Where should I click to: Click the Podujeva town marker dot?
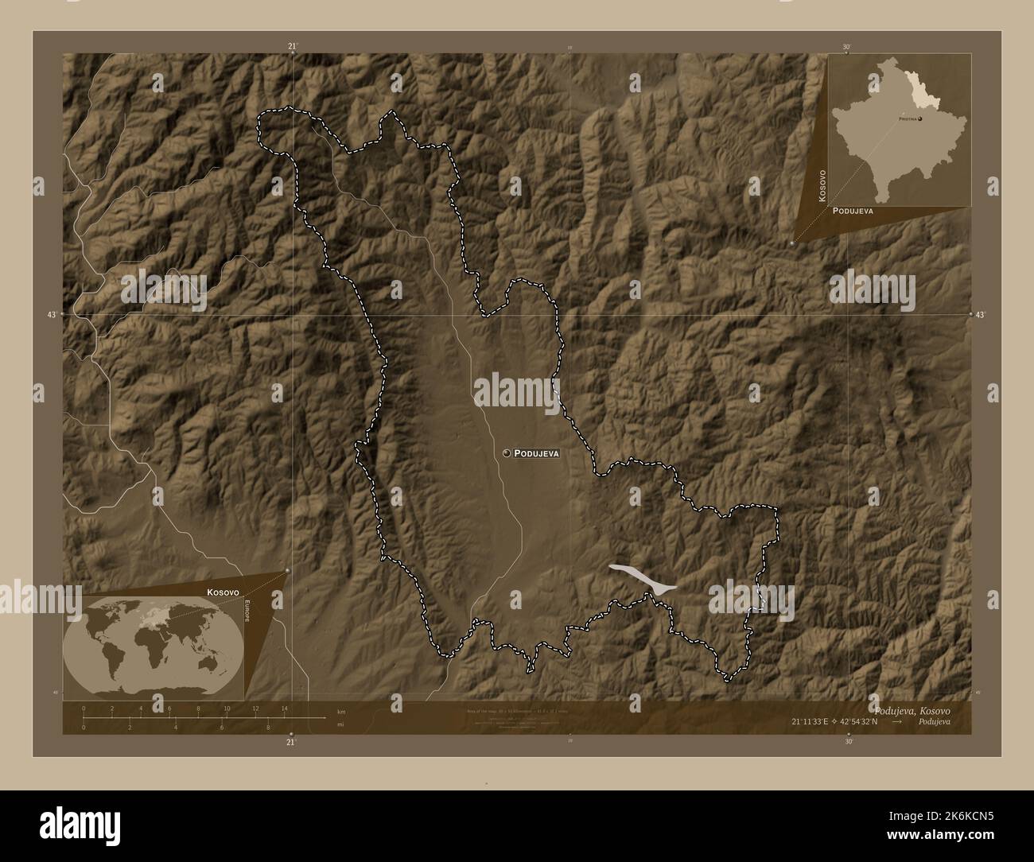click(507, 452)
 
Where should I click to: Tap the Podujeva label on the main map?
click(537, 453)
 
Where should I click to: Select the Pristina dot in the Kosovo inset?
click(919, 118)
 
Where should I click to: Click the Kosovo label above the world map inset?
click(222, 592)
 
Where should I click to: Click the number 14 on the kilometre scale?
click(284, 707)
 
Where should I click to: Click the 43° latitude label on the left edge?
click(52, 316)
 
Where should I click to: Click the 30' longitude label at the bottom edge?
click(849, 741)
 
